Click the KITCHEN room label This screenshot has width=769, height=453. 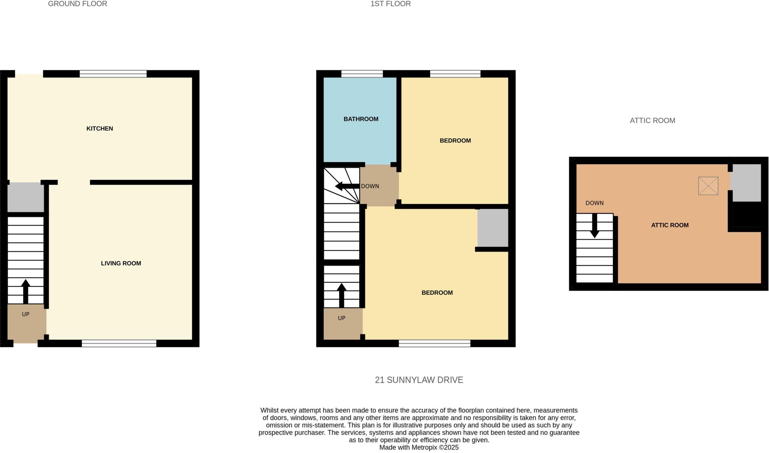(x=100, y=129)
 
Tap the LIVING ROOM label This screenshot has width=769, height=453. (x=121, y=264)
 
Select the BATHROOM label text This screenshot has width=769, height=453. (x=361, y=119)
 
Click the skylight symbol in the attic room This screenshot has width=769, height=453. (x=708, y=186)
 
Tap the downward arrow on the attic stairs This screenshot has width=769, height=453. (x=594, y=226)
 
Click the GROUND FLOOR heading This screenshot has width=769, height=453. (x=77, y=4)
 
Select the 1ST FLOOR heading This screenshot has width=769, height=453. (x=391, y=4)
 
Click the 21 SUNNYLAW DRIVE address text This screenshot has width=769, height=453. (x=419, y=380)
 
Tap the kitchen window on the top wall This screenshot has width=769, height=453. (x=113, y=74)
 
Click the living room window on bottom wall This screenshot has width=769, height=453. (x=119, y=343)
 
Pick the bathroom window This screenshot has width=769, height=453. (x=362, y=74)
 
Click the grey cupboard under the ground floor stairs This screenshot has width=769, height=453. (x=26, y=197)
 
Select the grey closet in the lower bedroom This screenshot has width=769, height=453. (x=493, y=228)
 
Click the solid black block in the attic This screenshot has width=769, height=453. (x=747, y=214)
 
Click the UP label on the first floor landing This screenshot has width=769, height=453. (x=341, y=318)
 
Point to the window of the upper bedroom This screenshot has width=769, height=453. (x=455, y=74)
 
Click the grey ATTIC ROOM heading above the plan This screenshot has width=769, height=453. (x=652, y=121)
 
